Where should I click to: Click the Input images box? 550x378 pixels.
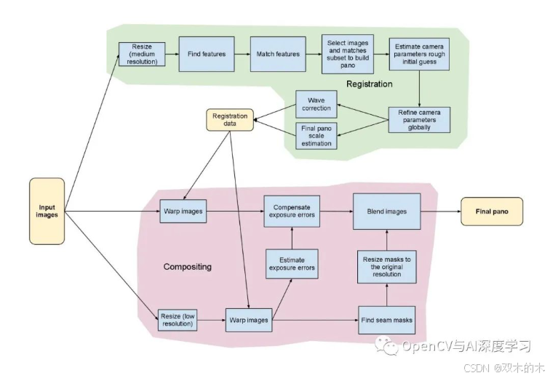click(47, 212)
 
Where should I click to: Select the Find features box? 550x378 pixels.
click(207, 54)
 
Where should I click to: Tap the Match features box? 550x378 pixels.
click(277, 54)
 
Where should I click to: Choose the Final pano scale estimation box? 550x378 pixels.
click(315, 135)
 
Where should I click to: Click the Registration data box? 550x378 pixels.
click(230, 120)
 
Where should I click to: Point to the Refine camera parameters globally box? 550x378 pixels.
click(420, 119)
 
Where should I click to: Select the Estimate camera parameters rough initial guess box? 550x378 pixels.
click(419, 54)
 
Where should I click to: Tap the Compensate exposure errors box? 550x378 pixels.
click(292, 212)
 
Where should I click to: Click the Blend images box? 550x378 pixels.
click(386, 212)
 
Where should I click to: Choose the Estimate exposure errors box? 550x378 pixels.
click(292, 263)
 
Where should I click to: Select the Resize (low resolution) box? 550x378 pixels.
click(178, 320)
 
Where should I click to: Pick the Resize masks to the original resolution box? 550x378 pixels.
click(387, 266)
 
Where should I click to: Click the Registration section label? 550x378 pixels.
click(369, 84)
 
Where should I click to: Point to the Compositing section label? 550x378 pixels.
click(188, 267)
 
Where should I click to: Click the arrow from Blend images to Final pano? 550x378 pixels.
click(440, 212)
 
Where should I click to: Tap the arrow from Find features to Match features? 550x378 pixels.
click(239, 54)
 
